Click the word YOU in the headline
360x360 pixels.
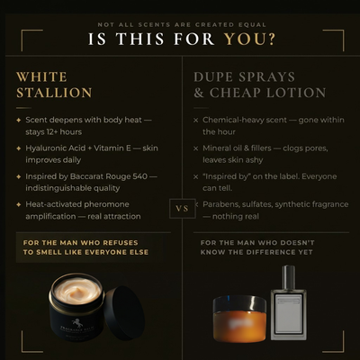tap(250, 39)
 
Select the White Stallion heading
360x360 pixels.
tap(54, 85)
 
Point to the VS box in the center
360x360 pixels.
tap(181, 208)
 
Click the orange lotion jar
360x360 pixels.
tap(240, 318)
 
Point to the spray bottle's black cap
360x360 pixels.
tap(287, 275)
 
